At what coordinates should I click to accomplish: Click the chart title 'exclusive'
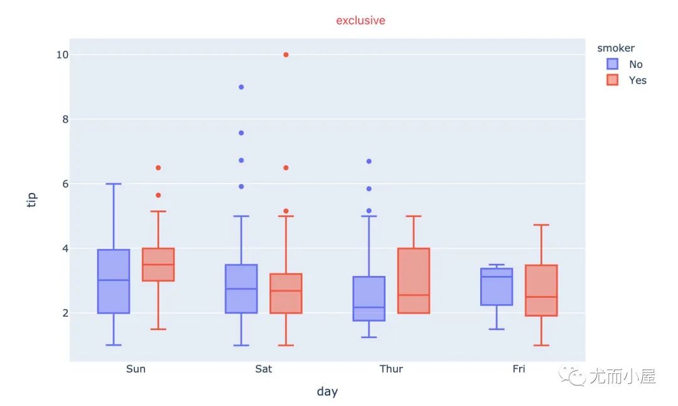coord(360,20)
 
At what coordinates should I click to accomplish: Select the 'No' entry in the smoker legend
coord(635,64)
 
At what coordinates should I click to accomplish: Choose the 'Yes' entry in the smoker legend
coord(637,80)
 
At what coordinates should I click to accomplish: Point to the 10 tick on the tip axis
coord(62,55)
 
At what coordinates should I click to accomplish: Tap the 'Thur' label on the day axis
coord(391,369)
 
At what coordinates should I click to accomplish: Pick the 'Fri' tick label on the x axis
coord(519,369)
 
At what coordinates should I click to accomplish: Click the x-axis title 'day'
coord(327,392)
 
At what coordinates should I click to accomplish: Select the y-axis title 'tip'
coord(32,200)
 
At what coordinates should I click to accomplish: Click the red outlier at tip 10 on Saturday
coord(286,55)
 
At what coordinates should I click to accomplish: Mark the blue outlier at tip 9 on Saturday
coord(241,87)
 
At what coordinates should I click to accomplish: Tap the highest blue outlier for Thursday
coord(369,162)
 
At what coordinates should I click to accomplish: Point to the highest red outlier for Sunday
coord(158,168)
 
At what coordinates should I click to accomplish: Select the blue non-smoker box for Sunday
coord(114,281)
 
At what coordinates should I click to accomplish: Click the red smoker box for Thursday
coord(414,280)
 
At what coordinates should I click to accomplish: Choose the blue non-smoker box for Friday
coord(496,287)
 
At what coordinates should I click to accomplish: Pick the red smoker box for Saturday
coord(286,293)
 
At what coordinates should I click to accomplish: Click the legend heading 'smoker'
coord(615,48)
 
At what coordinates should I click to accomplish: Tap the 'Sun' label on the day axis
coord(136,369)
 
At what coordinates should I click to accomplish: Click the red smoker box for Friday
coord(541,290)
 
